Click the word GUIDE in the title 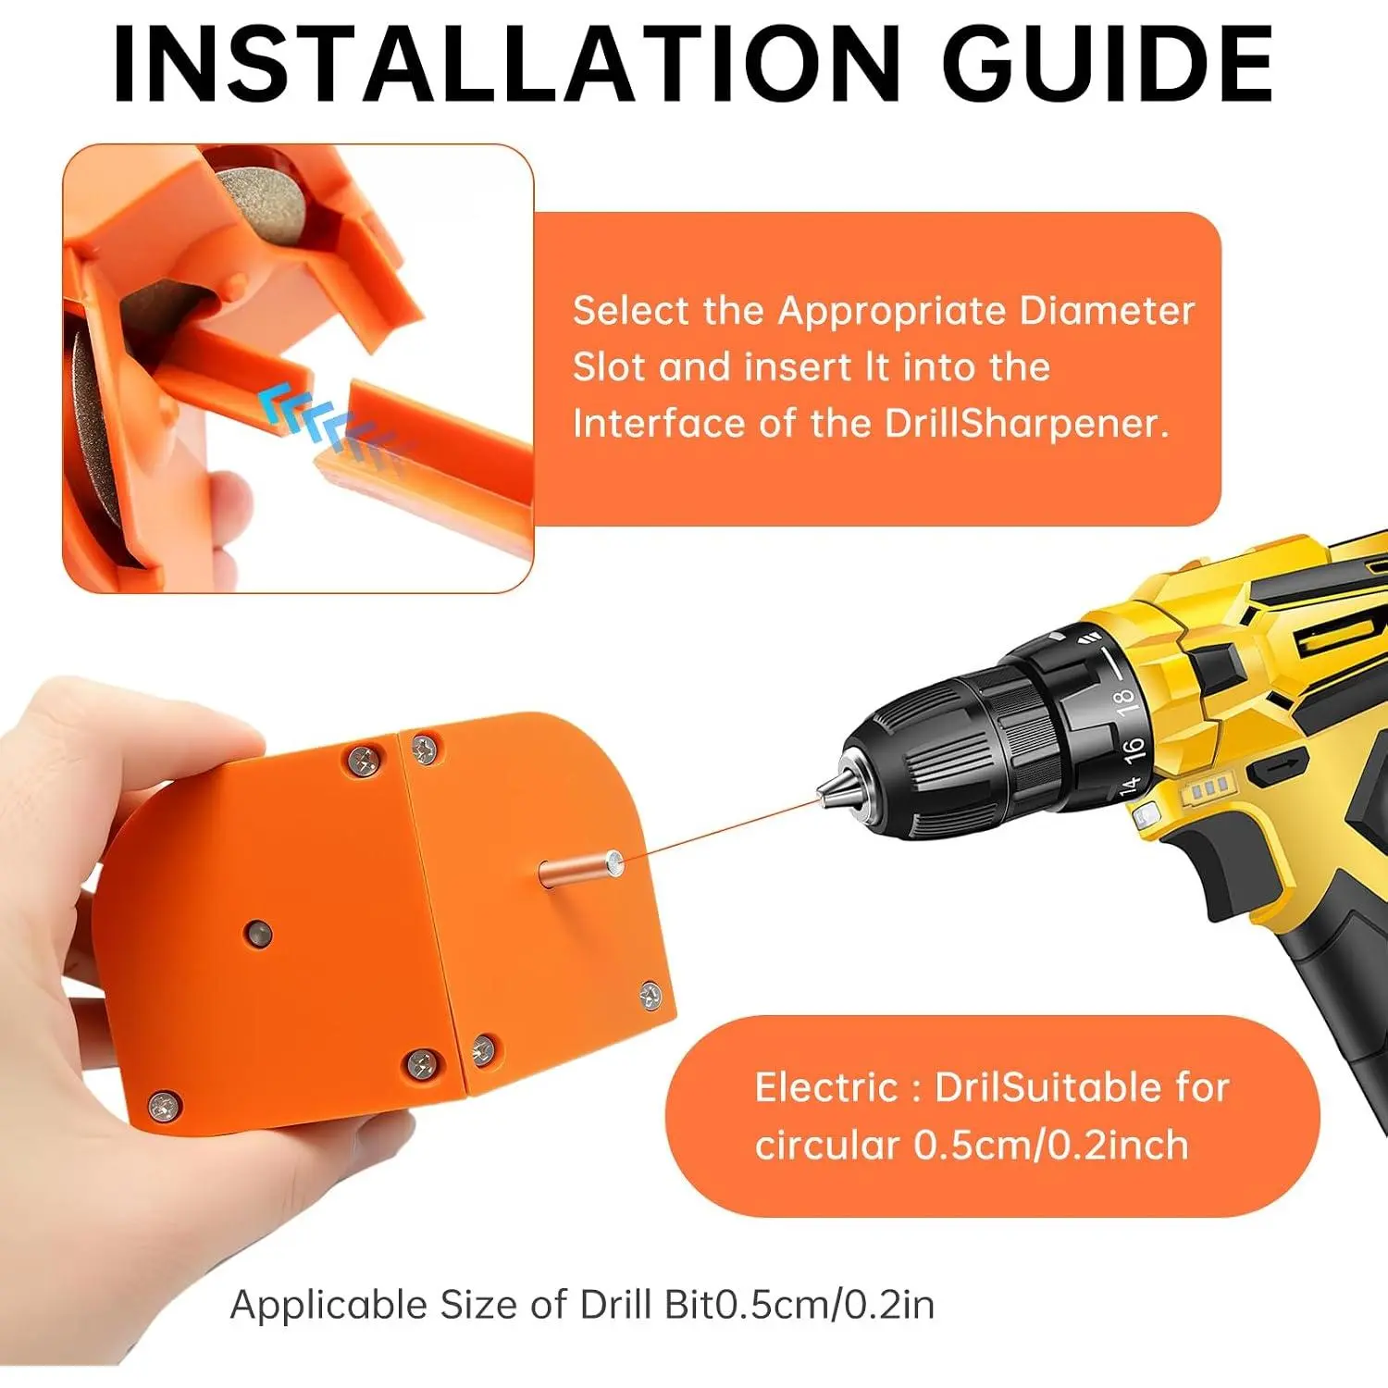[1108, 63]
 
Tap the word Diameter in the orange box [1107, 311]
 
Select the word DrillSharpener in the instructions [1027, 423]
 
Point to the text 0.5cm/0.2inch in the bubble [1051, 1146]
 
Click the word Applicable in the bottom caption [328, 1306]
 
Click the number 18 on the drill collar [1123, 700]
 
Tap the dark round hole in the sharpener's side [257, 934]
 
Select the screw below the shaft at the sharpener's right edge [651, 996]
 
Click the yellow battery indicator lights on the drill [1209, 788]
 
